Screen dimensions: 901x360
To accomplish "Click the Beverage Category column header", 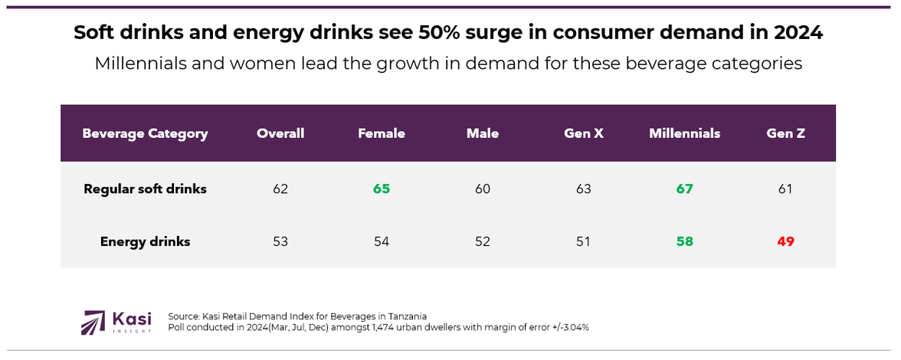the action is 145,134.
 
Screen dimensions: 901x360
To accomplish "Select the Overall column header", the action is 280,134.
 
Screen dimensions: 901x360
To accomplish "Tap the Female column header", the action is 382,134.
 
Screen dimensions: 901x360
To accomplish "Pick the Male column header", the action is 483,134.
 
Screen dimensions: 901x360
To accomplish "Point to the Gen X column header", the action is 583,134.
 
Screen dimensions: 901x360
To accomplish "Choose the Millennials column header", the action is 684,134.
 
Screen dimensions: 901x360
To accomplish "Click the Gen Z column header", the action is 785,134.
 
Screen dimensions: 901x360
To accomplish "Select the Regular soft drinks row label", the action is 145,189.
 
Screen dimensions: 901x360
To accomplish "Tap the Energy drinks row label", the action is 145,242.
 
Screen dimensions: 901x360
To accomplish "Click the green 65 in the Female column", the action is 382,189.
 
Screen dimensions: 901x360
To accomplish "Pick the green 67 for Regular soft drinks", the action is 684,189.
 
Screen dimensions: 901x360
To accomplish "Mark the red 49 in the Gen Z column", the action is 785,242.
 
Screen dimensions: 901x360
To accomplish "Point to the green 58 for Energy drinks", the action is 684,242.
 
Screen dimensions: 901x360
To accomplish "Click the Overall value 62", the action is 280,189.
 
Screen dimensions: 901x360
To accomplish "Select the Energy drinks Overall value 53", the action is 280,242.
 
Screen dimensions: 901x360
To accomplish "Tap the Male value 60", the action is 483,189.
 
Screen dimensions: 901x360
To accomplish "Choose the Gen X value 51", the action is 583,242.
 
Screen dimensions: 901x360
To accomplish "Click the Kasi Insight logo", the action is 116,322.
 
